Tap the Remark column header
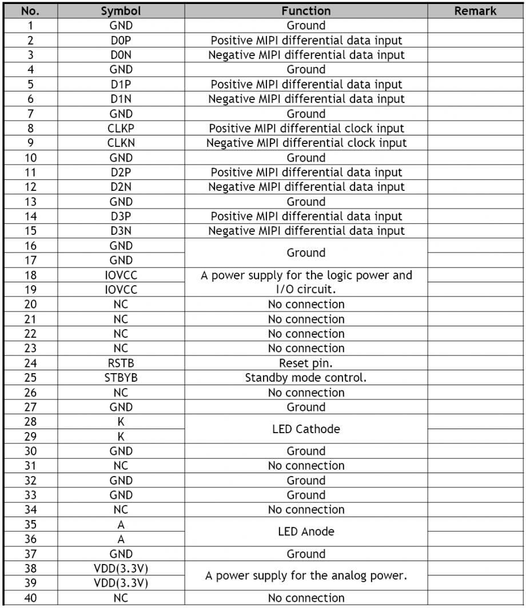(476, 11)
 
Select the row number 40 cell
(29, 598)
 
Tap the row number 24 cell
(29, 363)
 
